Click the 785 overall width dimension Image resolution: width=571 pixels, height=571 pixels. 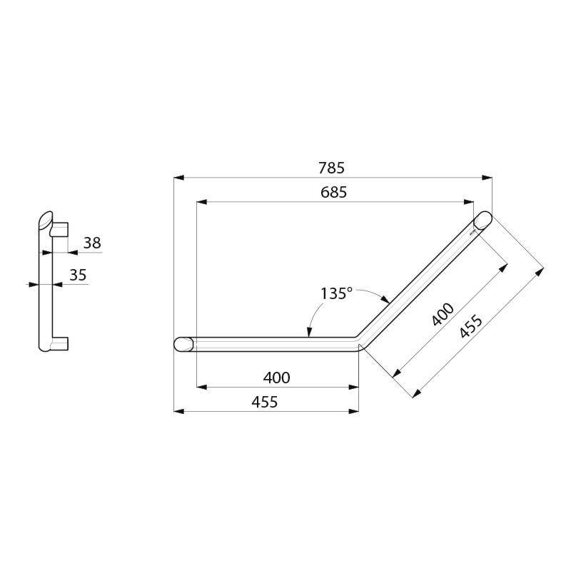click(x=332, y=168)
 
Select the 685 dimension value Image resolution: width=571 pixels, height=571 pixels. click(x=332, y=193)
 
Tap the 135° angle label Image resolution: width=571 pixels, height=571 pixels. click(x=336, y=293)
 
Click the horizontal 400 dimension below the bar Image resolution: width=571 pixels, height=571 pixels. click(x=276, y=378)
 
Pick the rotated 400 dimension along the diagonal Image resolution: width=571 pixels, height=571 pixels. click(x=443, y=315)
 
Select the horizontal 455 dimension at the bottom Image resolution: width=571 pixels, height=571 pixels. click(x=265, y=402)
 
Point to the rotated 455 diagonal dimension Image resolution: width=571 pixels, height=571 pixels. click(x=472, y=326)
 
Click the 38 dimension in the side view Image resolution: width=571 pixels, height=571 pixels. click(x=92, y=243)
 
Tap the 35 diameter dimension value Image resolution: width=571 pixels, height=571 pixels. click(x=79, y=275)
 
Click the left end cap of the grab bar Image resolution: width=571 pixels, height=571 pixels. click(x=183, y=343)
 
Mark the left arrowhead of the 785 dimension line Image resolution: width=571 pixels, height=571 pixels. click(x=178, y=177)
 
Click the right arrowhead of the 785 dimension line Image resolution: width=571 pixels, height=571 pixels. click(x=488, y=177)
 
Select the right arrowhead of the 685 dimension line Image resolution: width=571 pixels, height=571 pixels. click(x=470, y=203)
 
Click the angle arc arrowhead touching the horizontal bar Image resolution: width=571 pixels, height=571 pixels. click(x=308, y=332)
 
